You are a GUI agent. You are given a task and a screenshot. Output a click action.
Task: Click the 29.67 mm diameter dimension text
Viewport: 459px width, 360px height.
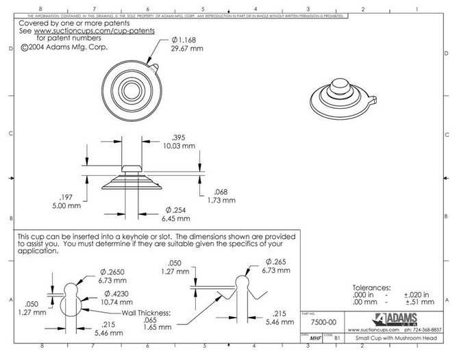pyautogui.click(x=186, y=49)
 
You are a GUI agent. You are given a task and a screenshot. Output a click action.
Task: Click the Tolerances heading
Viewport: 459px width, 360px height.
pyautogui.click(x=371, y=287)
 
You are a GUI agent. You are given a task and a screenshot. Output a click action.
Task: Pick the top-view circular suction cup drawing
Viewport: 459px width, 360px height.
pyautogui.click(x=128, y=90)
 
